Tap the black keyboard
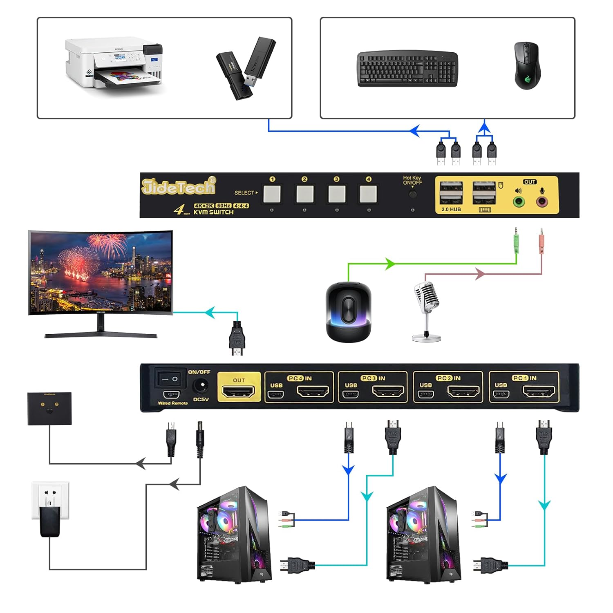coord(407,69)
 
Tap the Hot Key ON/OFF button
coord(412,194)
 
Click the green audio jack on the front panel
coord(519,201)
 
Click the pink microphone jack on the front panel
coord(542,201)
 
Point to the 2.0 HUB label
coord(451,209)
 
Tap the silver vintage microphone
coord(427,309)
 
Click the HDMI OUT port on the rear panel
coord(238,391)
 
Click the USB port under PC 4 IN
coord(276,395)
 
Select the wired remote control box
coord(49,409)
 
